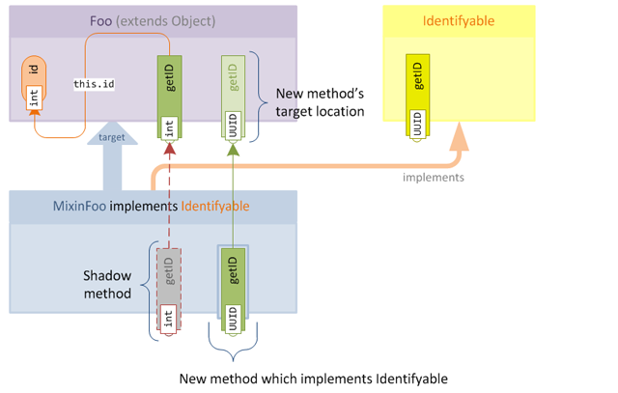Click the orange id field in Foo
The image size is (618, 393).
pos(34,85)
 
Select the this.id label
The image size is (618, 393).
pos(95,84)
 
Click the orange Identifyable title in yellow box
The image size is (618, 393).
pos(459,21)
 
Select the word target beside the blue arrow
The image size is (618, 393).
pos(112,138)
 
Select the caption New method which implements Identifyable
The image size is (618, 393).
pos(314,378)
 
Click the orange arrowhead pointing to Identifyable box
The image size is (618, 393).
pos(459,140)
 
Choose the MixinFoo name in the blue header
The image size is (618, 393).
pos(80,206)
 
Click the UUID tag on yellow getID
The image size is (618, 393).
pos(416,126)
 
